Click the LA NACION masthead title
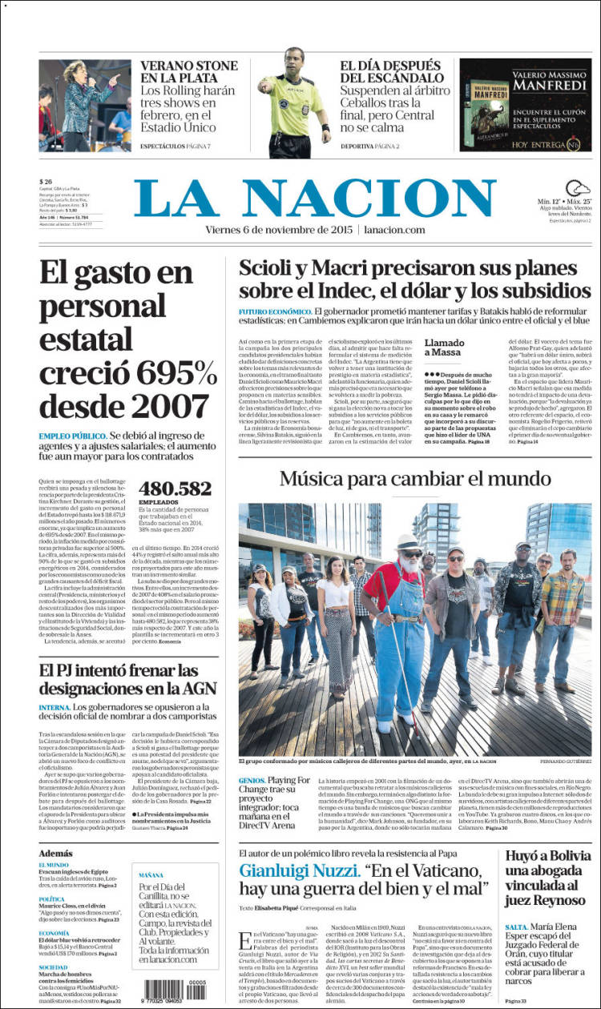[315, 199]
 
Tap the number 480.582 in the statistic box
[175, 488]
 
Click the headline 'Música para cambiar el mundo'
[414, 480]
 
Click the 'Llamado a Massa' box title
[444, 348]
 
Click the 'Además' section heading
[55, 854]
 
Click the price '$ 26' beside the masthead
[46, 181]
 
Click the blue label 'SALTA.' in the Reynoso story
[517, 927]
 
